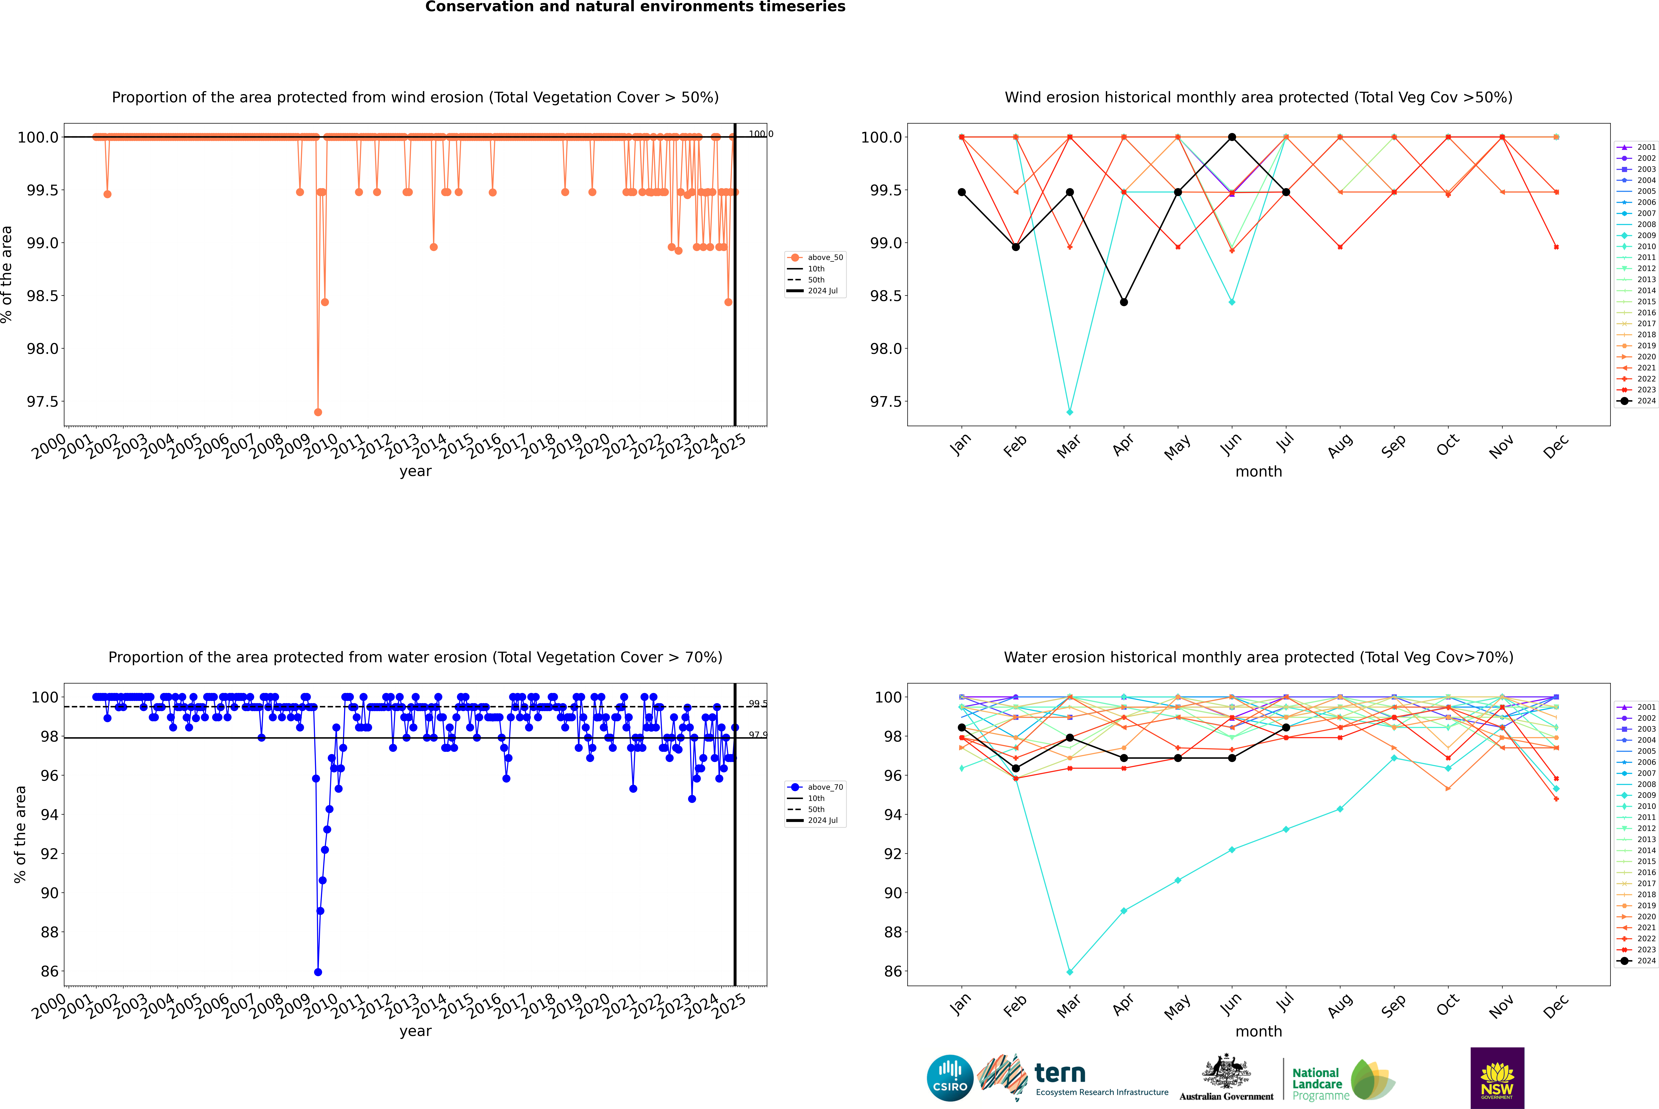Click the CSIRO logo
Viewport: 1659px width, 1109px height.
coord(950,1078)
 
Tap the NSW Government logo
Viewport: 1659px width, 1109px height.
coord(1497,1078)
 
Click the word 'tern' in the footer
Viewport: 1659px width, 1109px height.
coord(1059,1074)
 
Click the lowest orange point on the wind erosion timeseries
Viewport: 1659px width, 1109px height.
coord(318,412)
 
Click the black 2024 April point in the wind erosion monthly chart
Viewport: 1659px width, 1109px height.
coord(1124,302)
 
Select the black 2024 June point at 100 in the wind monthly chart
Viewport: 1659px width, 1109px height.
coord(1232,137)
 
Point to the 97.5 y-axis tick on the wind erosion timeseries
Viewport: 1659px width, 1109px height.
coord(42,402)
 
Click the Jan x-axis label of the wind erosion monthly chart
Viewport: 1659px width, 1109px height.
coord(960,445)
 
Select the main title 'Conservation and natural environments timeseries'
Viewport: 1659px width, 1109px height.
coord(635,7)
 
